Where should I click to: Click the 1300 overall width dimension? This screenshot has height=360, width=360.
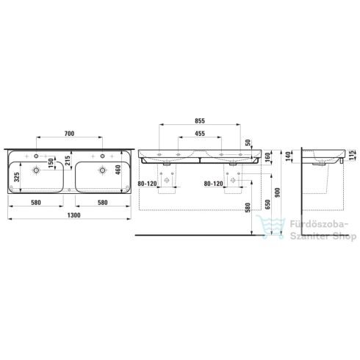click(x=73, y=215)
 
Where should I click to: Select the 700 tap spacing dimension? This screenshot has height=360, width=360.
click(x=69, y=134)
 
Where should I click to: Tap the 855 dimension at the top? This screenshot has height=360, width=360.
click(x=200, y=120)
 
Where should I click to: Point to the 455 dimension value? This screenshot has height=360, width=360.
click(x=200, y=134)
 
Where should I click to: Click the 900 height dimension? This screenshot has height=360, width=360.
click(x=278, y=193)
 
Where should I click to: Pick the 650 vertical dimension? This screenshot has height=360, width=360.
click(x=267, y=205)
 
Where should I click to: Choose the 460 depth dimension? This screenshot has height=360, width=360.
click(x=118, y=170)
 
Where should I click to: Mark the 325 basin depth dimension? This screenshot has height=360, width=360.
click(x=17, y=177)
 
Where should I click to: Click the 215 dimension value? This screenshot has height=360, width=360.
click(x=68, y=160)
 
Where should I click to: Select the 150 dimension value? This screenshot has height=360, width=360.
click(x=51, y=162)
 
